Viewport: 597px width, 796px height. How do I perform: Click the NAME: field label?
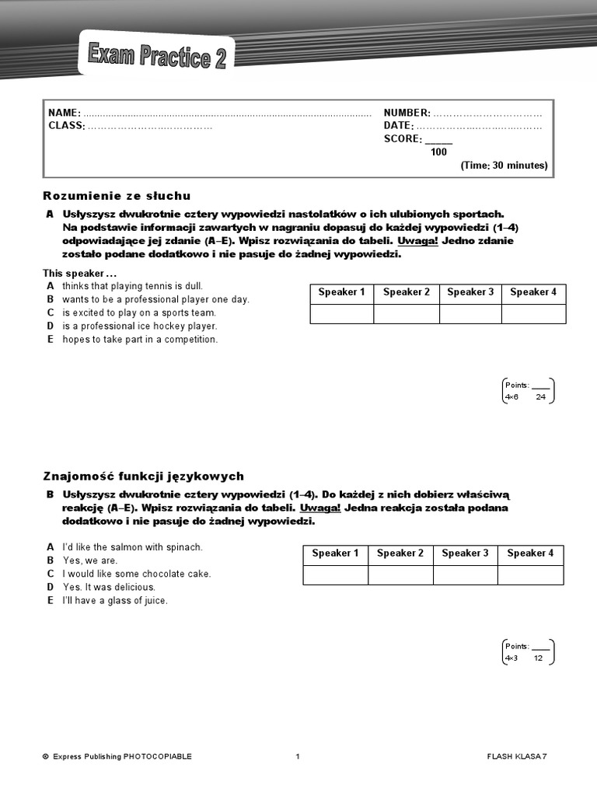pos(65,113)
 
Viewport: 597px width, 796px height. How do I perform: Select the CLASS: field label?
pos(67,126)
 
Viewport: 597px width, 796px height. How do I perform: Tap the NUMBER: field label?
pos(407,113)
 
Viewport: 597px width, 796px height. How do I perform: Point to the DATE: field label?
pos(399,126)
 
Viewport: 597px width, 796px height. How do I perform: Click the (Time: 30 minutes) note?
pos(504,166)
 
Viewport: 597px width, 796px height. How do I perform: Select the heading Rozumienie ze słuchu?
pos(117,196)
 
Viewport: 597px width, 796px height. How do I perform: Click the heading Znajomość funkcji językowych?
pos(143,476)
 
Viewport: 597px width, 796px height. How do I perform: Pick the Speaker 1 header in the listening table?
pos(341,292)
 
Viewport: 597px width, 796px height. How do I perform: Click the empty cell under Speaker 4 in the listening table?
pos(533,314)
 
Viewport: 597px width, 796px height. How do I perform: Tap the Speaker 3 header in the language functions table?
pos(465,553)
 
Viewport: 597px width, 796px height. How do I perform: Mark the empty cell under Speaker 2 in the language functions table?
pos(400,575)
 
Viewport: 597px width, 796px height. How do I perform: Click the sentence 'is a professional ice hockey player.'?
pos(140,326)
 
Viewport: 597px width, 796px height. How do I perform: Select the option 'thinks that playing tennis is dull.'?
pos(132,286)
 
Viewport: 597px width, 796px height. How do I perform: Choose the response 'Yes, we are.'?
pos(90,560)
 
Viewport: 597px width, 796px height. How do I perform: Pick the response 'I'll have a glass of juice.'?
pos(115,601)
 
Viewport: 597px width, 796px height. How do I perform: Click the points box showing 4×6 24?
pos(528,391)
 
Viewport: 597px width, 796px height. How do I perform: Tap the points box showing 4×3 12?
pos(528,652)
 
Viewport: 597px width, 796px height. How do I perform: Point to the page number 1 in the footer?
pos(298,756)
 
